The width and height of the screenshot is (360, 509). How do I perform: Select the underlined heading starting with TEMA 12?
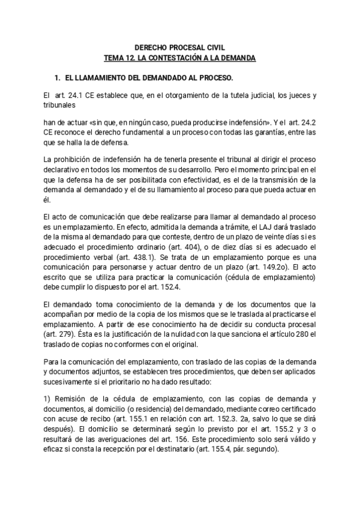(179, 58)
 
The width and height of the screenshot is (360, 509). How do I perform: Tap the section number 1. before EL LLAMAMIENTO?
(58, 78)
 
